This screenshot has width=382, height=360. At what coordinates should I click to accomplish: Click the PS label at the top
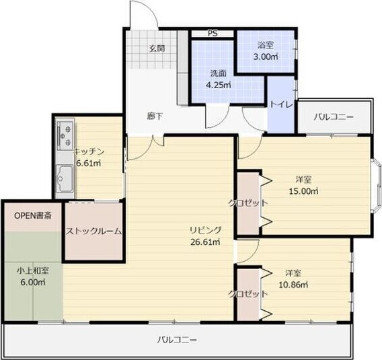(x=212, y=33)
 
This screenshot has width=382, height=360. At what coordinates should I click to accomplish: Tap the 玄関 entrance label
(x=157, y=48)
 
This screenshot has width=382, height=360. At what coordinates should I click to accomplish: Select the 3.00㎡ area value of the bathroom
(x=265, y=57)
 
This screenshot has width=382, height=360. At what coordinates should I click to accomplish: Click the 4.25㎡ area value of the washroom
(x=218, y=85)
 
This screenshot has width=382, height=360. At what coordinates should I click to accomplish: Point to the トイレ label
(x=280, y=105)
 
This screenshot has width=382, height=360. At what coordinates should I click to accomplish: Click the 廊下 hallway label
(x=155, y=116)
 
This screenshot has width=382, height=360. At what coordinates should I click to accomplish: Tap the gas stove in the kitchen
(x=65, y=135)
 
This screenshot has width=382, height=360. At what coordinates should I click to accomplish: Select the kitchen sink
(x=64, y=178)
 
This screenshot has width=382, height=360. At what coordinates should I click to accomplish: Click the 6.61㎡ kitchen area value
(x=88, y=163)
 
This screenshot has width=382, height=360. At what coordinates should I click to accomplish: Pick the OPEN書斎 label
(x=32, y=216)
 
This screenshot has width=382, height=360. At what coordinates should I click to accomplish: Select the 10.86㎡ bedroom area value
(x=294, y=285)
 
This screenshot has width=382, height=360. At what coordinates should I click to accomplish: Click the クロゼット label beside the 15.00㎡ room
(x=248, y=203)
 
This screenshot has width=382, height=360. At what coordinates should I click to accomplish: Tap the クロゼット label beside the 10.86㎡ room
(x=246, y=294)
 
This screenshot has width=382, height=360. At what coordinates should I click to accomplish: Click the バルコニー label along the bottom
(x=177, y=340)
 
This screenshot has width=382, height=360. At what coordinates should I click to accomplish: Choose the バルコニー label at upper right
(x=334, y=116)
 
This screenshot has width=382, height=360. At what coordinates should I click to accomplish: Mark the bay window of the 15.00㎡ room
(x=377, y=185)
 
